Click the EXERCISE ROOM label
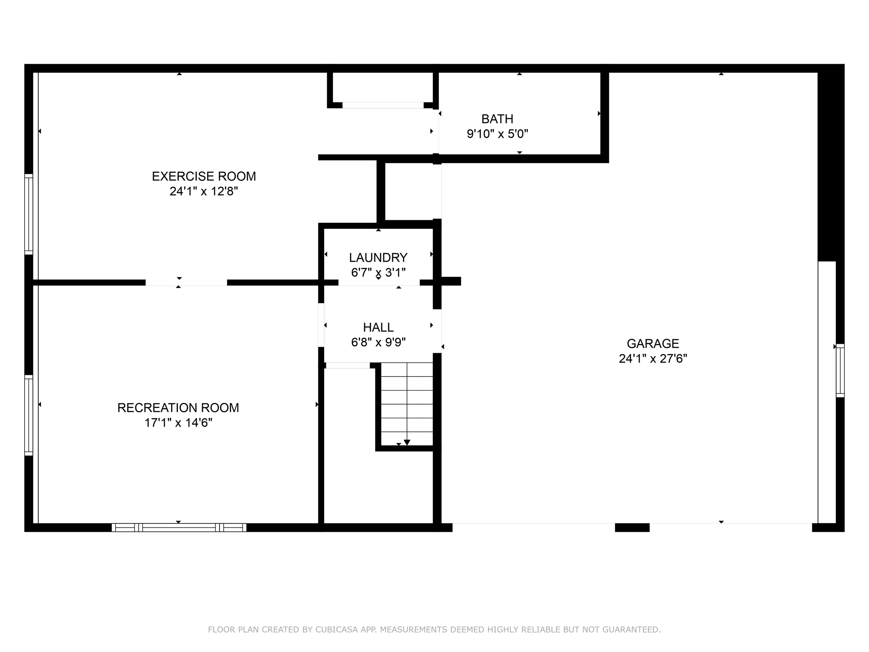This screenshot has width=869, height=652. point(204,176)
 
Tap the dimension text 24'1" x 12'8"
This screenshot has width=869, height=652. point(204,191)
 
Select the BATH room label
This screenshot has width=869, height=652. point(497,119)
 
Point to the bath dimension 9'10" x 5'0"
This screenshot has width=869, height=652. point(497,134)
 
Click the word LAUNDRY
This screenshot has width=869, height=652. point(378,258)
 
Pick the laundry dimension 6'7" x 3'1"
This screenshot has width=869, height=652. point(378,273)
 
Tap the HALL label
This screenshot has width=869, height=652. point(378,327)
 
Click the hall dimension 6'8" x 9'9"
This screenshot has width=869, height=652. point(378,342)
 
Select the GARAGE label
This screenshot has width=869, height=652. point(653,343)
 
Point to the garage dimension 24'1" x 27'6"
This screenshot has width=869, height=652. point(653,359)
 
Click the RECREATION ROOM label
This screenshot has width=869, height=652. point(178,408)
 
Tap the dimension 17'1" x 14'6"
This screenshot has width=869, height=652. point(178,423)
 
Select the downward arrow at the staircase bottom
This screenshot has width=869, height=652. point(406,442)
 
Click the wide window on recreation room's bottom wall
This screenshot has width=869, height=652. point(179,528)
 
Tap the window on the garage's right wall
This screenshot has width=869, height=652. point(840,371)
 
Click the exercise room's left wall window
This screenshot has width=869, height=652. point(28,214)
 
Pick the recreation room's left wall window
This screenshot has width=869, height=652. point(28,415)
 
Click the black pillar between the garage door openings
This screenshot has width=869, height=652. point(632,528)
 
